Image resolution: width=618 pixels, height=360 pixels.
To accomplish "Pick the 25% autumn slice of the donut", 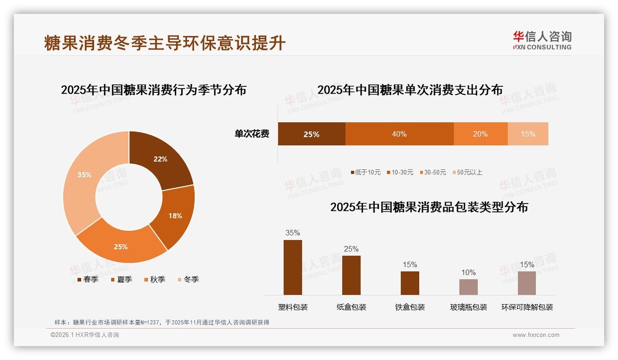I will [x=121, y=245].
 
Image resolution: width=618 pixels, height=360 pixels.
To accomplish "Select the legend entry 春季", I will [x=88, y=279].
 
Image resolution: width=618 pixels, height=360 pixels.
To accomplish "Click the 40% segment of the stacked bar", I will [x=399, y=134].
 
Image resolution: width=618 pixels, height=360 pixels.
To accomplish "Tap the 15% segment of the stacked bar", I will [x=528, y=134].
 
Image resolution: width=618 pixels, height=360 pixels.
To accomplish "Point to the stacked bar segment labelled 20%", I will [x=481, y=134].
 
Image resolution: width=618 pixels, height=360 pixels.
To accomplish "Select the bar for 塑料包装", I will [x=293, y=267].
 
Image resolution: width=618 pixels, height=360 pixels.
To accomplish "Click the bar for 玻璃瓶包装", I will [x=469, y=287].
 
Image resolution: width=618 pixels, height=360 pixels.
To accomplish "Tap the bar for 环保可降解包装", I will [x=527, y=283].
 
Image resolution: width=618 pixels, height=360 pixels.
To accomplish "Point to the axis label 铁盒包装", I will [x=410, y=307].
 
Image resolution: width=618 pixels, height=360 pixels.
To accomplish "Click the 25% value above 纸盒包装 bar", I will [x=351, y=249].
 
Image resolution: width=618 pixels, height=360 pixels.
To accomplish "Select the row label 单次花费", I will [x=252, y=134].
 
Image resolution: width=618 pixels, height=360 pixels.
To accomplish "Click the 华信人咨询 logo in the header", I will [x=542, y=40].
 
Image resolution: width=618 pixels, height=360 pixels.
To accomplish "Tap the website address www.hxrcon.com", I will [x=536, y=335].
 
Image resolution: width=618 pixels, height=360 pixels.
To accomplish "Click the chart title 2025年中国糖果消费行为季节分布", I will [x=154, y=90].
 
